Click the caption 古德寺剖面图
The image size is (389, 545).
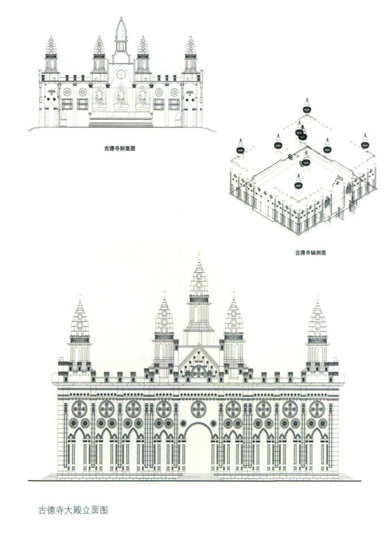click(120, 149)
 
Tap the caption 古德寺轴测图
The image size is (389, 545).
click(311, 253)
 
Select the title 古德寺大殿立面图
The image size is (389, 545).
click(73, 510)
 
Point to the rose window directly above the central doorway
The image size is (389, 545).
click(198, 409)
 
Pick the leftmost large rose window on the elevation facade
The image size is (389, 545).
click(79, 409)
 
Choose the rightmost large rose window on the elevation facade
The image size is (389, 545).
click(317, 409)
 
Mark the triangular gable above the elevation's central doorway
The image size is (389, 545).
click(199, 362)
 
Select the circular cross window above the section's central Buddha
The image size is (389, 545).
click(121, 74)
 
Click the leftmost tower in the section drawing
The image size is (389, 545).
click(51, 57)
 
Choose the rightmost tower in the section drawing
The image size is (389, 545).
click(191, 57)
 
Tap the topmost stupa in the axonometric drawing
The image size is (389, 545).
click(307, 106)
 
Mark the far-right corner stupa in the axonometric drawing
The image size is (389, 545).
click(364, 142)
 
